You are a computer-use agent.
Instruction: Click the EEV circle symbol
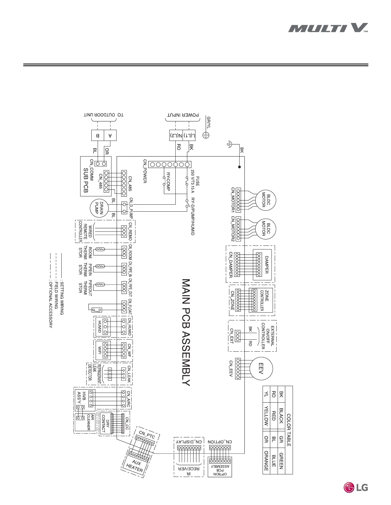261,368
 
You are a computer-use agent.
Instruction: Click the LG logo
356,487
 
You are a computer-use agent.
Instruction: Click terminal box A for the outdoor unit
110,135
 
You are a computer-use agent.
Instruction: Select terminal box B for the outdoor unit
98,135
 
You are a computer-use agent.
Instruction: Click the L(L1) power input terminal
189,135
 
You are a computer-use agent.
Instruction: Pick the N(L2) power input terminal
176,135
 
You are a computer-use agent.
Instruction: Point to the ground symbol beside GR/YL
206,135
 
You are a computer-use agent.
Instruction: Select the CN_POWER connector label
145,171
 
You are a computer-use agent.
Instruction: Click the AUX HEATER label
135,466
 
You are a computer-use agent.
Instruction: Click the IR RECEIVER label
188,471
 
